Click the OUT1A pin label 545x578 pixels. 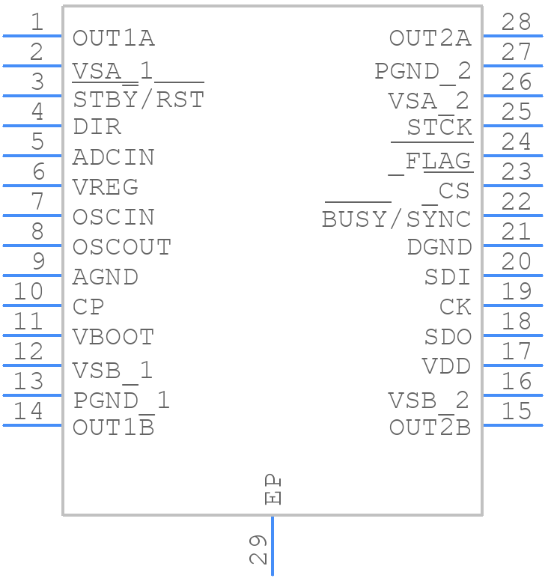(x=114, y=38)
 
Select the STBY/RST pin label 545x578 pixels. (x=138, y=100)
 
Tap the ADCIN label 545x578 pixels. (x=114, y=158)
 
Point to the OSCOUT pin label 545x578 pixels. (x=122, y=247)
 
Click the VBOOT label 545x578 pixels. (x=114, y=338)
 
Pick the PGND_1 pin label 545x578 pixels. (x=122, y=401)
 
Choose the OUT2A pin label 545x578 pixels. (x=430, y=38)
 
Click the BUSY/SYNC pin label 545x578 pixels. (x=396, y=219)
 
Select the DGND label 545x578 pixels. (x=439, y=247)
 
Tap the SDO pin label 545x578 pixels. (x=448, y=337)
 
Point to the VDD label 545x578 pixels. (x=446, y=367)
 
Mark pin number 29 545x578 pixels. (x=257, y=550)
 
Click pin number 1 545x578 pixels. (x=36, y=22)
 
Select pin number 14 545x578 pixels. (x=29, y=411)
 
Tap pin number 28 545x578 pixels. (x=517, y=22)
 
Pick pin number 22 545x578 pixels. (x=517, y=202)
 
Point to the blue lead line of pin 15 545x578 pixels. (x=513, y=425)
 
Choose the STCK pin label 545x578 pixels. (x=439, y=127)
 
